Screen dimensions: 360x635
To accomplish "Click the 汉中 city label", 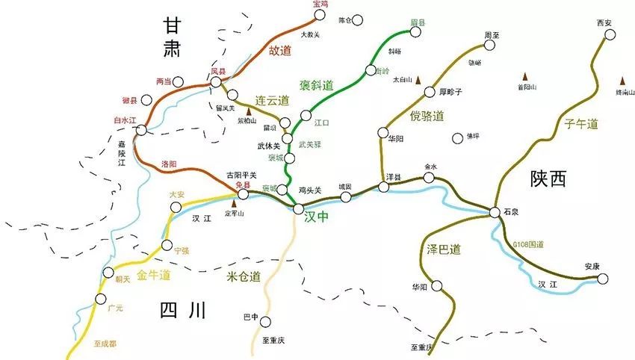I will pos(317,217).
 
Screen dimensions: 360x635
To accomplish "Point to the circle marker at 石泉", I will pos(495,213).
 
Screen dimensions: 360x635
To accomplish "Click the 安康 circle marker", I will pos(602,279).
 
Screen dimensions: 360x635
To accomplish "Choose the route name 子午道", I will pos(582,124).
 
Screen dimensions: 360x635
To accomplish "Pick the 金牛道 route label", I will pos(154,276).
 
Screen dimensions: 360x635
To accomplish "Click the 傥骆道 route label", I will pos(427,116).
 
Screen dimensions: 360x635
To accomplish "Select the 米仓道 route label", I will pos(244,277).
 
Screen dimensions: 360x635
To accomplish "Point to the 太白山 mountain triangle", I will pos(419,80).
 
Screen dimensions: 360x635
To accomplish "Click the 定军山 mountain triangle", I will pos(235,202).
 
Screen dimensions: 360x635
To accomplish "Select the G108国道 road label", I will pos(529,244).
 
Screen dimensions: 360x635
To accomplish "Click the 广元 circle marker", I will pos(100,299).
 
